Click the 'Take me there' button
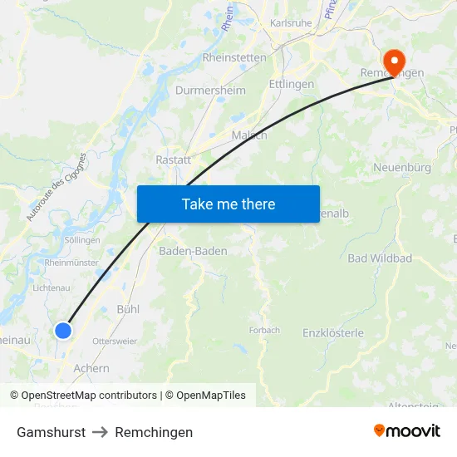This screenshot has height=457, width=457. tap(228, 204)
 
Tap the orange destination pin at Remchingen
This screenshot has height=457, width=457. tap(393, 60)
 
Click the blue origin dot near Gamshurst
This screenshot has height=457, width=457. tap(63, 331)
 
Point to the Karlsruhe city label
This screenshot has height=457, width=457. tap(291, 23)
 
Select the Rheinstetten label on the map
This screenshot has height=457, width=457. tap(234, 58)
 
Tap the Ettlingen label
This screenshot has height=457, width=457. tap(292, 84)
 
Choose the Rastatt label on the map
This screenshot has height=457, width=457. tap(174, 159)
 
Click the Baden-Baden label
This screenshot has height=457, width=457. tap(193, 250)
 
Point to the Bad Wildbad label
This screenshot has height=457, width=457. tap(380, 258)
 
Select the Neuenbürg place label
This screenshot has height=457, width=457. tap(402, 167)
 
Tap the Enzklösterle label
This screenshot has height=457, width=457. tap(333, 333)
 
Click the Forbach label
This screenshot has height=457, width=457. tap(264, 330)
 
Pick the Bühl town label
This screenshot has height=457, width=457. tap(128, 309)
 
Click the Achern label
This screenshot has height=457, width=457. tap(91, 368)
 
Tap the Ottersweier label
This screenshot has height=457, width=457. tap(115, 342)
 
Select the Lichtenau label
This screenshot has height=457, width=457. tap(52, 287)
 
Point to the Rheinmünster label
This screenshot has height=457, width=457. tap(71, 263)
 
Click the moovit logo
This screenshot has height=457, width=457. tap(407, 431)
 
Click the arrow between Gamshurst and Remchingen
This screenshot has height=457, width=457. tap(100, 432)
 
